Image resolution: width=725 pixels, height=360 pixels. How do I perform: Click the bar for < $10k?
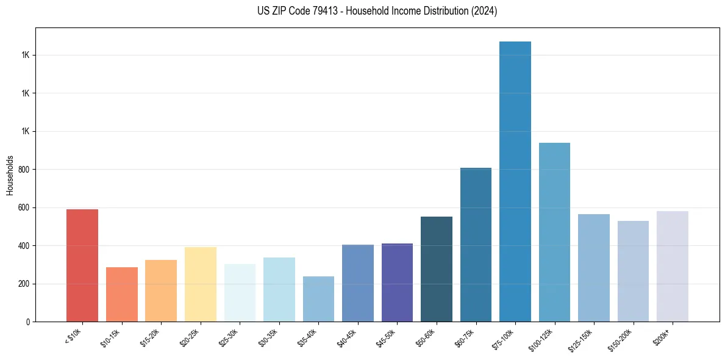[82, 265]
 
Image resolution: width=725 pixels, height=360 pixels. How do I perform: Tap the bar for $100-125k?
[554, 232]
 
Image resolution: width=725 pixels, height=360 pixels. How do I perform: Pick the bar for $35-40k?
[318, 299]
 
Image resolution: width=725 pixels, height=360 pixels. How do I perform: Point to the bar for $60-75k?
[476, 245]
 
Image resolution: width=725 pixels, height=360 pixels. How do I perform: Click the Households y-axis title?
[10, 175]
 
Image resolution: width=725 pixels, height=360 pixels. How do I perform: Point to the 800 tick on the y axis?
[24, 170]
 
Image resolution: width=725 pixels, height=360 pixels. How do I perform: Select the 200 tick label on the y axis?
[24, 284]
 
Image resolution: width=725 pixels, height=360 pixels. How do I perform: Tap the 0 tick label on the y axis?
[28, 322]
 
